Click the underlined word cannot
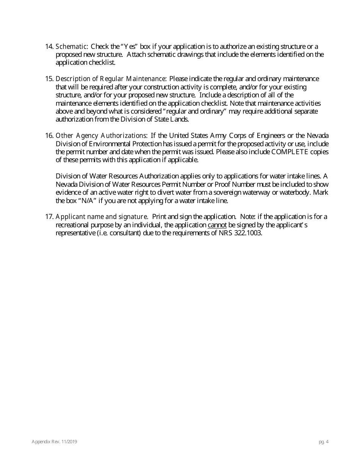tap(217, 225)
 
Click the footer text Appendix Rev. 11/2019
tap(55, 441)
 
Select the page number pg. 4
tap(324, 441)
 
